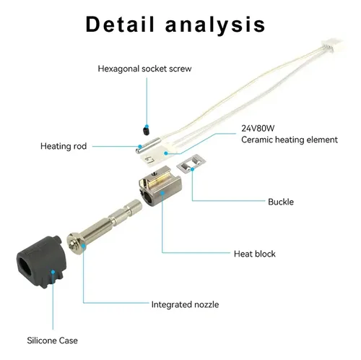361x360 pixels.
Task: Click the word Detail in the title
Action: point(120,24)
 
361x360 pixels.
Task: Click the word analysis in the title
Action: point(215,25)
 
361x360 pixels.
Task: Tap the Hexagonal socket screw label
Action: point(144,69)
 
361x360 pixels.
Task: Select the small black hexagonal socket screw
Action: point(146,130)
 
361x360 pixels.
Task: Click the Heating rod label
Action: point(64,146)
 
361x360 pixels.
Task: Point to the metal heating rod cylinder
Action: point(148,145)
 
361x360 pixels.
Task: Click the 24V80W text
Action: point(258,128)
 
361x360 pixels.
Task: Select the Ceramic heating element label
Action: point(290,140)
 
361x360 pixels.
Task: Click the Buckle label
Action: point(281,202)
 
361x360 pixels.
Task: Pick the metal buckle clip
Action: point(192,163)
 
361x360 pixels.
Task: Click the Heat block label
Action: point(255,254)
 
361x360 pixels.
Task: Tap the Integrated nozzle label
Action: point(185,304)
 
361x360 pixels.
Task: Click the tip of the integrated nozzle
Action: point(72,245)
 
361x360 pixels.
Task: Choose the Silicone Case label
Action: point(52,340)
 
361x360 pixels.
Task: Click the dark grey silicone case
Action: point(41,262)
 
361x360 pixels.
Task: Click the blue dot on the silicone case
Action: point(53,272)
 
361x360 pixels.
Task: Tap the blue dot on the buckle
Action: point(192,169)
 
